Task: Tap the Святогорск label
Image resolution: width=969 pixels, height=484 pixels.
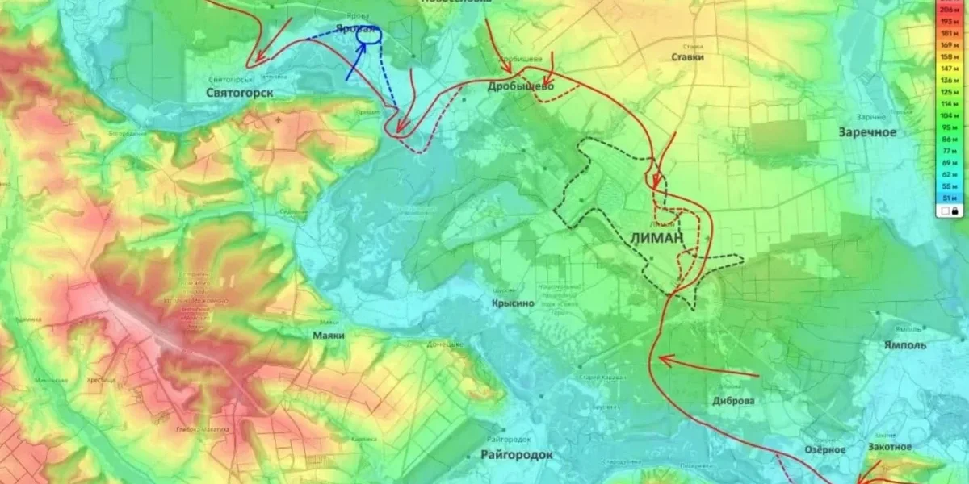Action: click(241, 93)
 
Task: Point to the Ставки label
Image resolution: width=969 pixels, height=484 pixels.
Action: click(688, 57)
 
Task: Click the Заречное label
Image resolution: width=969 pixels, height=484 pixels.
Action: click(867, 131)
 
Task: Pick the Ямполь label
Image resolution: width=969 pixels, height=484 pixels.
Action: click(905, 345)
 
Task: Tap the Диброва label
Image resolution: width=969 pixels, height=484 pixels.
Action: click(733, 401)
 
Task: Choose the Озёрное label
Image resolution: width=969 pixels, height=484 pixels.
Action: click(824, 449)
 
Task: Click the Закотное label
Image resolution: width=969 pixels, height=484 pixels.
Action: click(890, 447)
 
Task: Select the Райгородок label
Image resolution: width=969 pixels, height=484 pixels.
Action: click(517, 455)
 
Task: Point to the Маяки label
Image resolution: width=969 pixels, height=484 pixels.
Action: click(329, 334)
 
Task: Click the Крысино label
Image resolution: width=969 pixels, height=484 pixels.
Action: click(513, 303)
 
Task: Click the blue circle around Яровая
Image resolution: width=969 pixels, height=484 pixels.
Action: click(369, 33)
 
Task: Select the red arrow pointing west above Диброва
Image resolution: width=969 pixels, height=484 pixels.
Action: click(707, 366)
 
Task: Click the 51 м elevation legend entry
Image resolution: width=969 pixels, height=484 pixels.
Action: click(946, 197)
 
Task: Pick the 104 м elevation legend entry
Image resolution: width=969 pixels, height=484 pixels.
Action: click(946, 115)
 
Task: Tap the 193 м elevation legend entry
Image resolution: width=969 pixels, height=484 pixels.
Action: click(946, 22)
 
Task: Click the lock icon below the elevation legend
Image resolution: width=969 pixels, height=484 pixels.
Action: click(954, 211)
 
